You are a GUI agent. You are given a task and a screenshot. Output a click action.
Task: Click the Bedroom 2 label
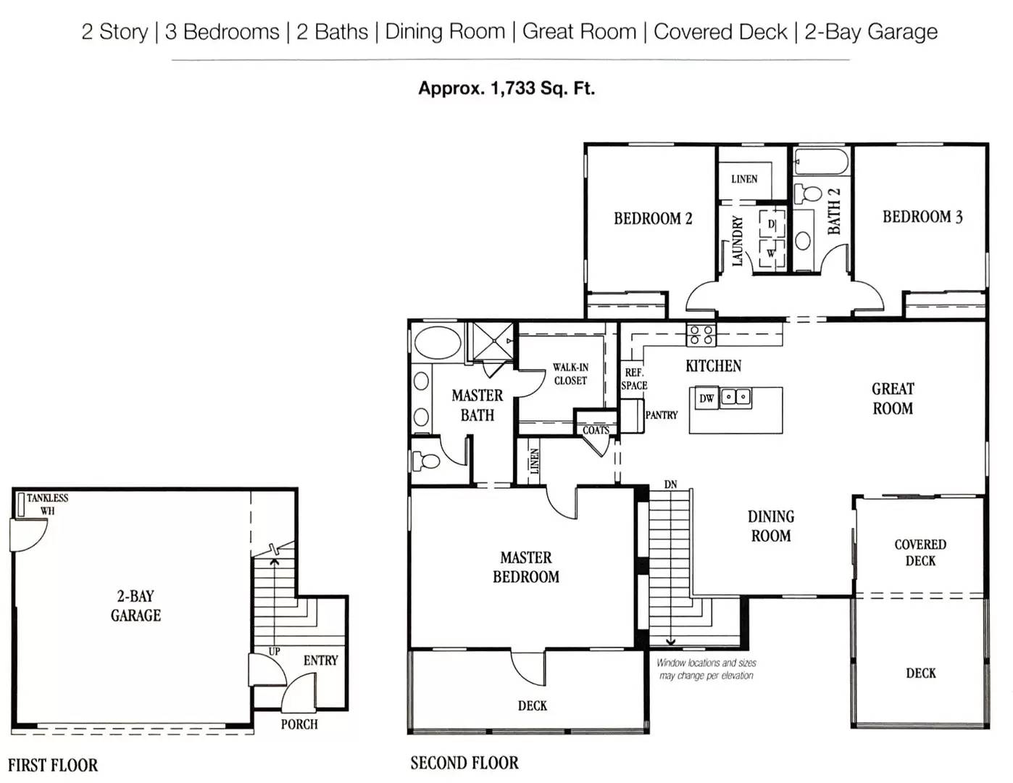653,218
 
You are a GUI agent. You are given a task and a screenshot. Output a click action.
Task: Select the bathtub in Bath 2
821,162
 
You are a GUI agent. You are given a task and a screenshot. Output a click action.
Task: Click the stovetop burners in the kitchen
701,335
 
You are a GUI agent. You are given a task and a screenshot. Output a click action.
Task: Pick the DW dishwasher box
706,399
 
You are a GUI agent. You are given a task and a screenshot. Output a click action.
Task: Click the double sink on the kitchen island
736,397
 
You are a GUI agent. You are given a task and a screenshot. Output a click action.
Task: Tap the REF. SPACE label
634,379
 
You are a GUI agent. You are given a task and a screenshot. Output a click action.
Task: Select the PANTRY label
661,415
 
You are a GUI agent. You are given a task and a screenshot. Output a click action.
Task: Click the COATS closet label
596,430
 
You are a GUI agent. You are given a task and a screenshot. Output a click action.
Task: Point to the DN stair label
670,484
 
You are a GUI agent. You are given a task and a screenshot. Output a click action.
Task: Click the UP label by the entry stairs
274,651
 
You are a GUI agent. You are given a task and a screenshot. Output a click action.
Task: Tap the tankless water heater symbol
21,504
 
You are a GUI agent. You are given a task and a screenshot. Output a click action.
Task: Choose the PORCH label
299,724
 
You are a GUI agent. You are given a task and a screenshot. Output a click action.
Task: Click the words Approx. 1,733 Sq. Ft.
506,88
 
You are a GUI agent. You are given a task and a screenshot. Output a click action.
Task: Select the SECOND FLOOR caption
464,763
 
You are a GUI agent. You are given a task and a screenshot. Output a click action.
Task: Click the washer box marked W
772,254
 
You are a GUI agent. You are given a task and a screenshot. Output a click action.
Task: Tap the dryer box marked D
772,224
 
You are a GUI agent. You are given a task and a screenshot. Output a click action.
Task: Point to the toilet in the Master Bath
425,461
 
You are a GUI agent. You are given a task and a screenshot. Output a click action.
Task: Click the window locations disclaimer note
706,669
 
